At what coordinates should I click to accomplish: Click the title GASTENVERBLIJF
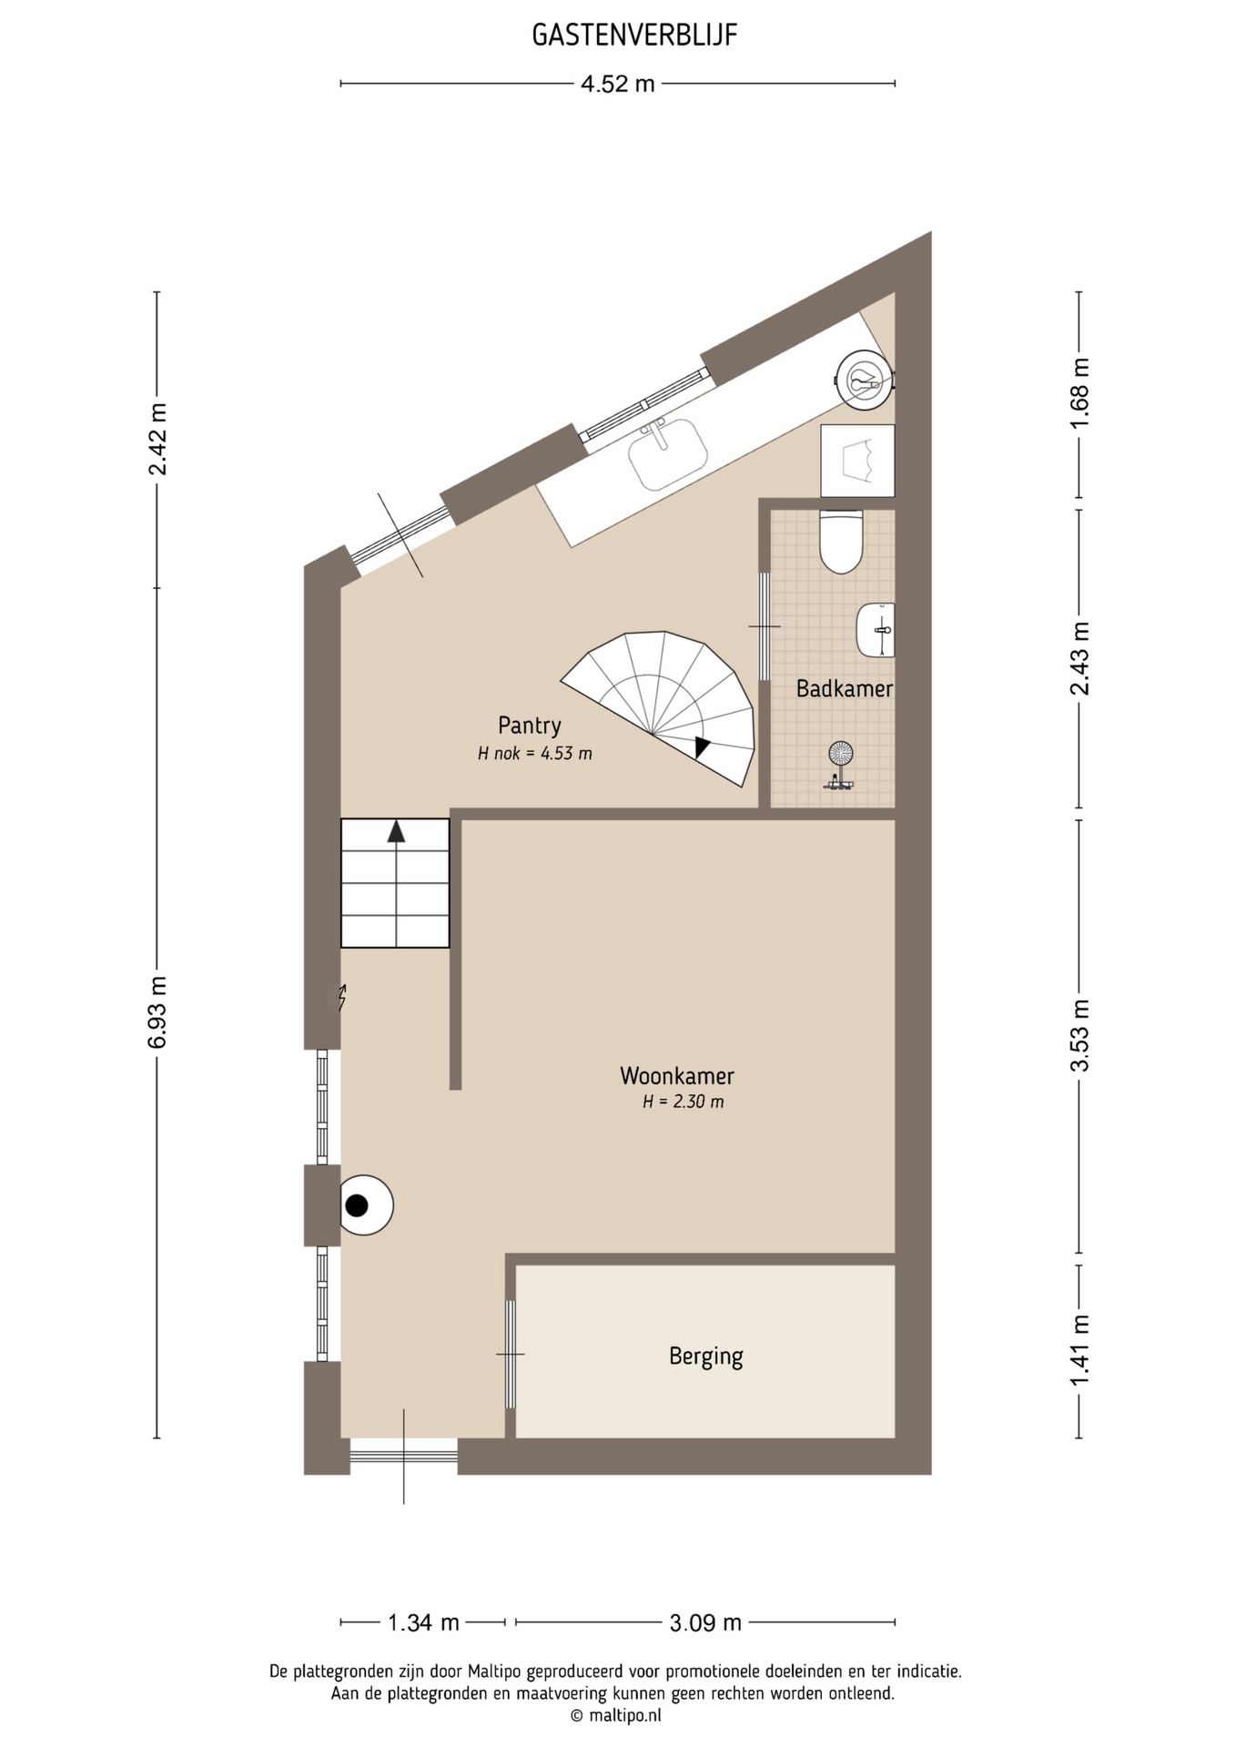pos(634,35)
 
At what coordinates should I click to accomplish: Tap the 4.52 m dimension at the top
pos(618,84)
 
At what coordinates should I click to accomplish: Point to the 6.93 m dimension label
pos(157,1012)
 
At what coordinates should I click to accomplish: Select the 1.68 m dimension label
pos(1079,393)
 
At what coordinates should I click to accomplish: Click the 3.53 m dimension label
pos(1079,1036)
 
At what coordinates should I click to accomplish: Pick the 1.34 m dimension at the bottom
pos(423,1622)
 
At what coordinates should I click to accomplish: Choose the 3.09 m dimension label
pos(705,1622)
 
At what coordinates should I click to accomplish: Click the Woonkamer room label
pos(677,1076)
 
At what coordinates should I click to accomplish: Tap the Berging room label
pos(706,1357)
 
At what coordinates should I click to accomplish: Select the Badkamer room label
pos(845,688)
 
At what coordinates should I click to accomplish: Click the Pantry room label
pos(530,726)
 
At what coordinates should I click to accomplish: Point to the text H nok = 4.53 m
pos(535,754)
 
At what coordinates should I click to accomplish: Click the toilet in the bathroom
pos(841,542)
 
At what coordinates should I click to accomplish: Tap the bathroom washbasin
pos(876,629)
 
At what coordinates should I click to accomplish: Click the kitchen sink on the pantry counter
pos(668,453)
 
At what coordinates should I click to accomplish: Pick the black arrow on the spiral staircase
pos(702,747)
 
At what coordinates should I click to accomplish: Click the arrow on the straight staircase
pos(396,831)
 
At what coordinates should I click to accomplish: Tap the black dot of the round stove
pos(357,1205)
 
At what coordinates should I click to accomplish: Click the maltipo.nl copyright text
pos(616,1715)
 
